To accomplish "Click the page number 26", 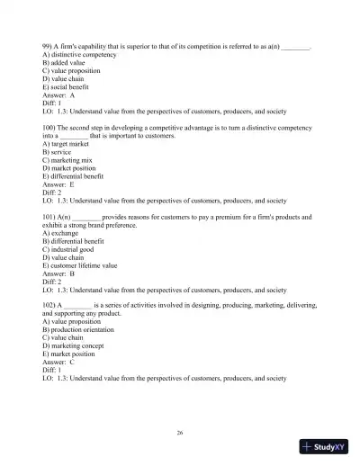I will click(x=180, y=433).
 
